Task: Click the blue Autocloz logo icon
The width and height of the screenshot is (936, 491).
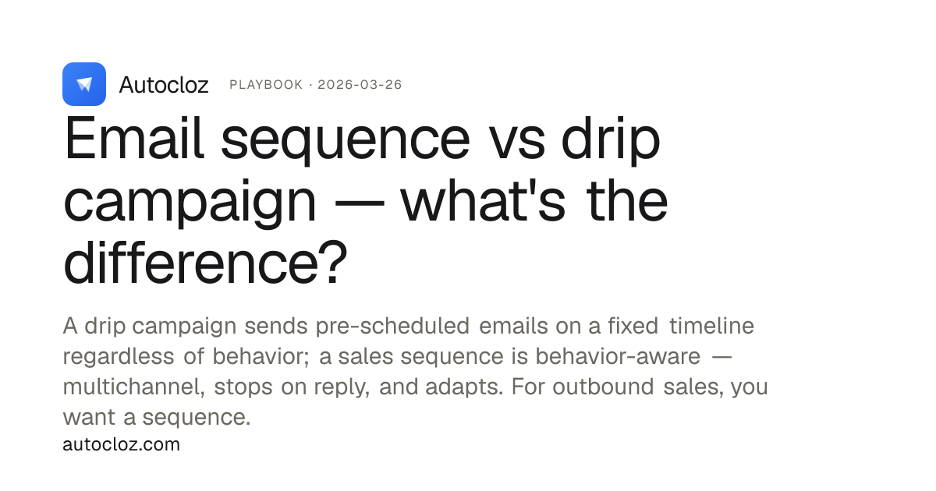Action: point(84,84)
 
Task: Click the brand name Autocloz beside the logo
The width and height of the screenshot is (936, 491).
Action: point(164,85)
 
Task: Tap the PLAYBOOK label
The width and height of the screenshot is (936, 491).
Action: point(266,85)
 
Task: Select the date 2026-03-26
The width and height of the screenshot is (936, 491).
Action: point(360,85)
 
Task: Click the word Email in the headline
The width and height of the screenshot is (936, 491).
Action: point(134,138)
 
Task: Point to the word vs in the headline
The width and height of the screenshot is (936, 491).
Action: point(517,144)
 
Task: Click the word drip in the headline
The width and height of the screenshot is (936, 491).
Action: point(611,140)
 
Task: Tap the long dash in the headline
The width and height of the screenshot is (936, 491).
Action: point(360,203)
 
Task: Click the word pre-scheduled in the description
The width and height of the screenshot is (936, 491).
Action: point(392,326)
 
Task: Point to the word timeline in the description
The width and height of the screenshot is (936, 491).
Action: point(711,326)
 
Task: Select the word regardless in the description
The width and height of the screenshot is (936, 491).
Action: point(119,357)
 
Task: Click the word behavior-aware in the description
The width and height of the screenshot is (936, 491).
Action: point(618,356)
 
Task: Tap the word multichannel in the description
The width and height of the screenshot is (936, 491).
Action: point(133,387)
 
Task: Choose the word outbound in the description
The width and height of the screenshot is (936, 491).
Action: point(603,387)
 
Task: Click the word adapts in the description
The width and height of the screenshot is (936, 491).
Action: point(464,387)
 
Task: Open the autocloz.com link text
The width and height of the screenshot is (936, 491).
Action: point(121,444)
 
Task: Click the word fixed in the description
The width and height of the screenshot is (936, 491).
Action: point(633,326)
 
